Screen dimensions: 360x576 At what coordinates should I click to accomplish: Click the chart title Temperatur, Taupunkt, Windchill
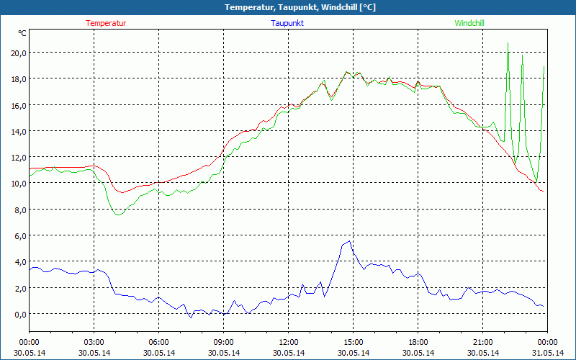[288, 7]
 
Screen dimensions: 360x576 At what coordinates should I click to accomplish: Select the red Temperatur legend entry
[106, 23]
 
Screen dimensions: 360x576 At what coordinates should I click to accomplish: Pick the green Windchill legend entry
[469, 23]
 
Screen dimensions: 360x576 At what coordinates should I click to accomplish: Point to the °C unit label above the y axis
[22, 33]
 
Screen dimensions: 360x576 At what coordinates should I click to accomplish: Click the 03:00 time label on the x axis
[94, 342]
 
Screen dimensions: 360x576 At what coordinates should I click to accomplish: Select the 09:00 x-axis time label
[223, 342]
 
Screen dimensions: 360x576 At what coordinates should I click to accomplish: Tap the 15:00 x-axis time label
[353, 342]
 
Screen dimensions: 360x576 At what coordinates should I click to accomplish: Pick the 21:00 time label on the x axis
[482, 342]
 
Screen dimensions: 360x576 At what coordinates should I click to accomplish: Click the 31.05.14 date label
[547, 352]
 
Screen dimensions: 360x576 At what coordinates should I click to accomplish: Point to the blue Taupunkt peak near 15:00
[350, 241]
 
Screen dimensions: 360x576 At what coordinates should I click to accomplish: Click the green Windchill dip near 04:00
[119, 215]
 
